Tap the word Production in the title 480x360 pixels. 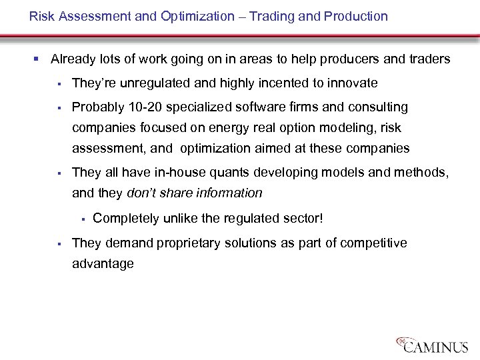(356, 16)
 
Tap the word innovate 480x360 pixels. (352, 83)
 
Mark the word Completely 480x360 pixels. (125, 218)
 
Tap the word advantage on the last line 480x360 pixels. (103, 264)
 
